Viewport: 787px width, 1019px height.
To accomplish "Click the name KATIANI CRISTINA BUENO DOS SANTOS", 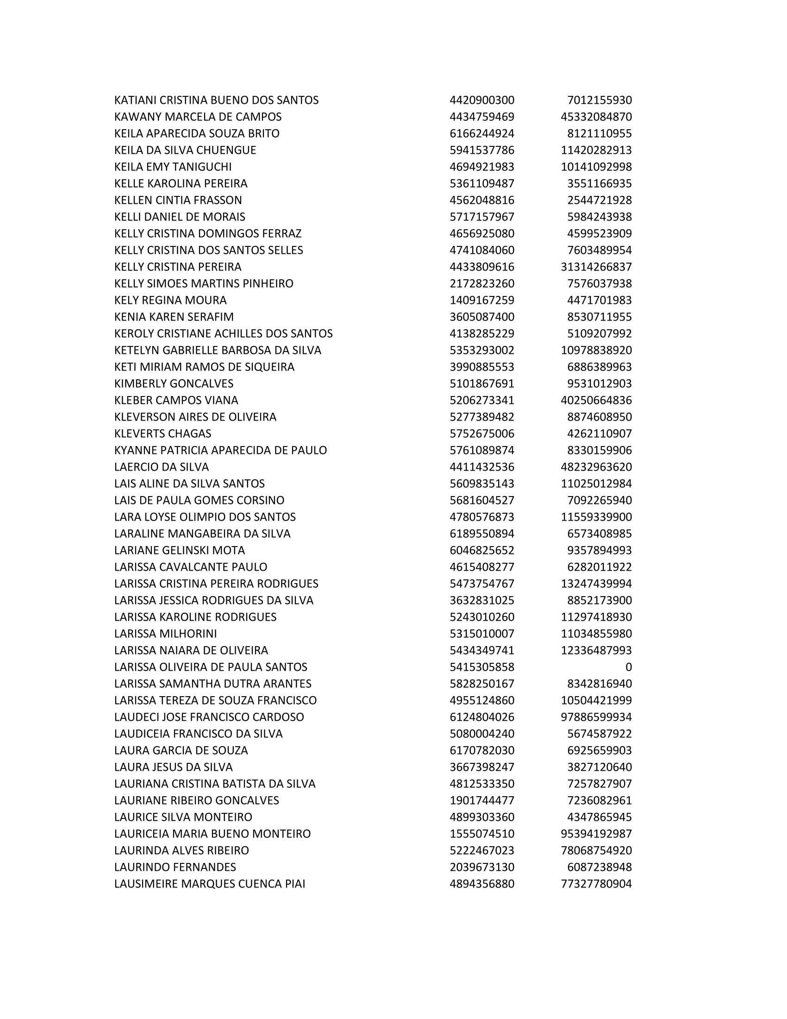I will [216, 101].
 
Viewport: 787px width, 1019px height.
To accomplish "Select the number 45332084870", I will [596, 117].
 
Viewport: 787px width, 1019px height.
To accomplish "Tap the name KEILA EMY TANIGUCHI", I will [173, 167].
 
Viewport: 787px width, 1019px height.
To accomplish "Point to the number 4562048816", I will [481, 200].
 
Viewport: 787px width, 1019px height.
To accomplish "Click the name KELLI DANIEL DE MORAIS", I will [180, 217].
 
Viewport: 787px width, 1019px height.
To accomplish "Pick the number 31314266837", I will [596, 267].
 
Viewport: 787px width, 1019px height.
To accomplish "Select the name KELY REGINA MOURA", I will [170, 300].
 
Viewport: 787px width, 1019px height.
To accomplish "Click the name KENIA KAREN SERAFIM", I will [174, 317].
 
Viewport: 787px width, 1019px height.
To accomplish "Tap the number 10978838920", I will [596, 351].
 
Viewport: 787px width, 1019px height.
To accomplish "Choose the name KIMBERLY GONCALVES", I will [174, 384].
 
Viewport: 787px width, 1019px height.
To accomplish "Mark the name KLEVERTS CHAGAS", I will [162, 434].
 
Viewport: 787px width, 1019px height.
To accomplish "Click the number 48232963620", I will [596, 467].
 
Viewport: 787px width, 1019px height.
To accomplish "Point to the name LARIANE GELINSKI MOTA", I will [180, 550].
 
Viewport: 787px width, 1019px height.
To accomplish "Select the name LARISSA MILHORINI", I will [166, 634].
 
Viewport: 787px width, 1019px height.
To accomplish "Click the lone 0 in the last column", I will [628, 667].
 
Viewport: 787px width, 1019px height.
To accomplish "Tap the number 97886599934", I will [596, 717].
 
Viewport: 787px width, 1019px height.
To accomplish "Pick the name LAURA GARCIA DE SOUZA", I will [181, 750].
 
